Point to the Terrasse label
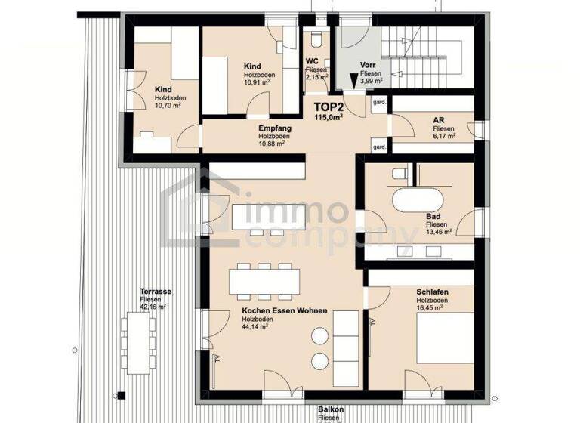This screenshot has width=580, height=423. coord(154,291)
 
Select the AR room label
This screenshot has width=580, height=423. coord(437,120)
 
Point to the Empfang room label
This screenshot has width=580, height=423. coord(274,128)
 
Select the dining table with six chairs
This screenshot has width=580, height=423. coord(264,282)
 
